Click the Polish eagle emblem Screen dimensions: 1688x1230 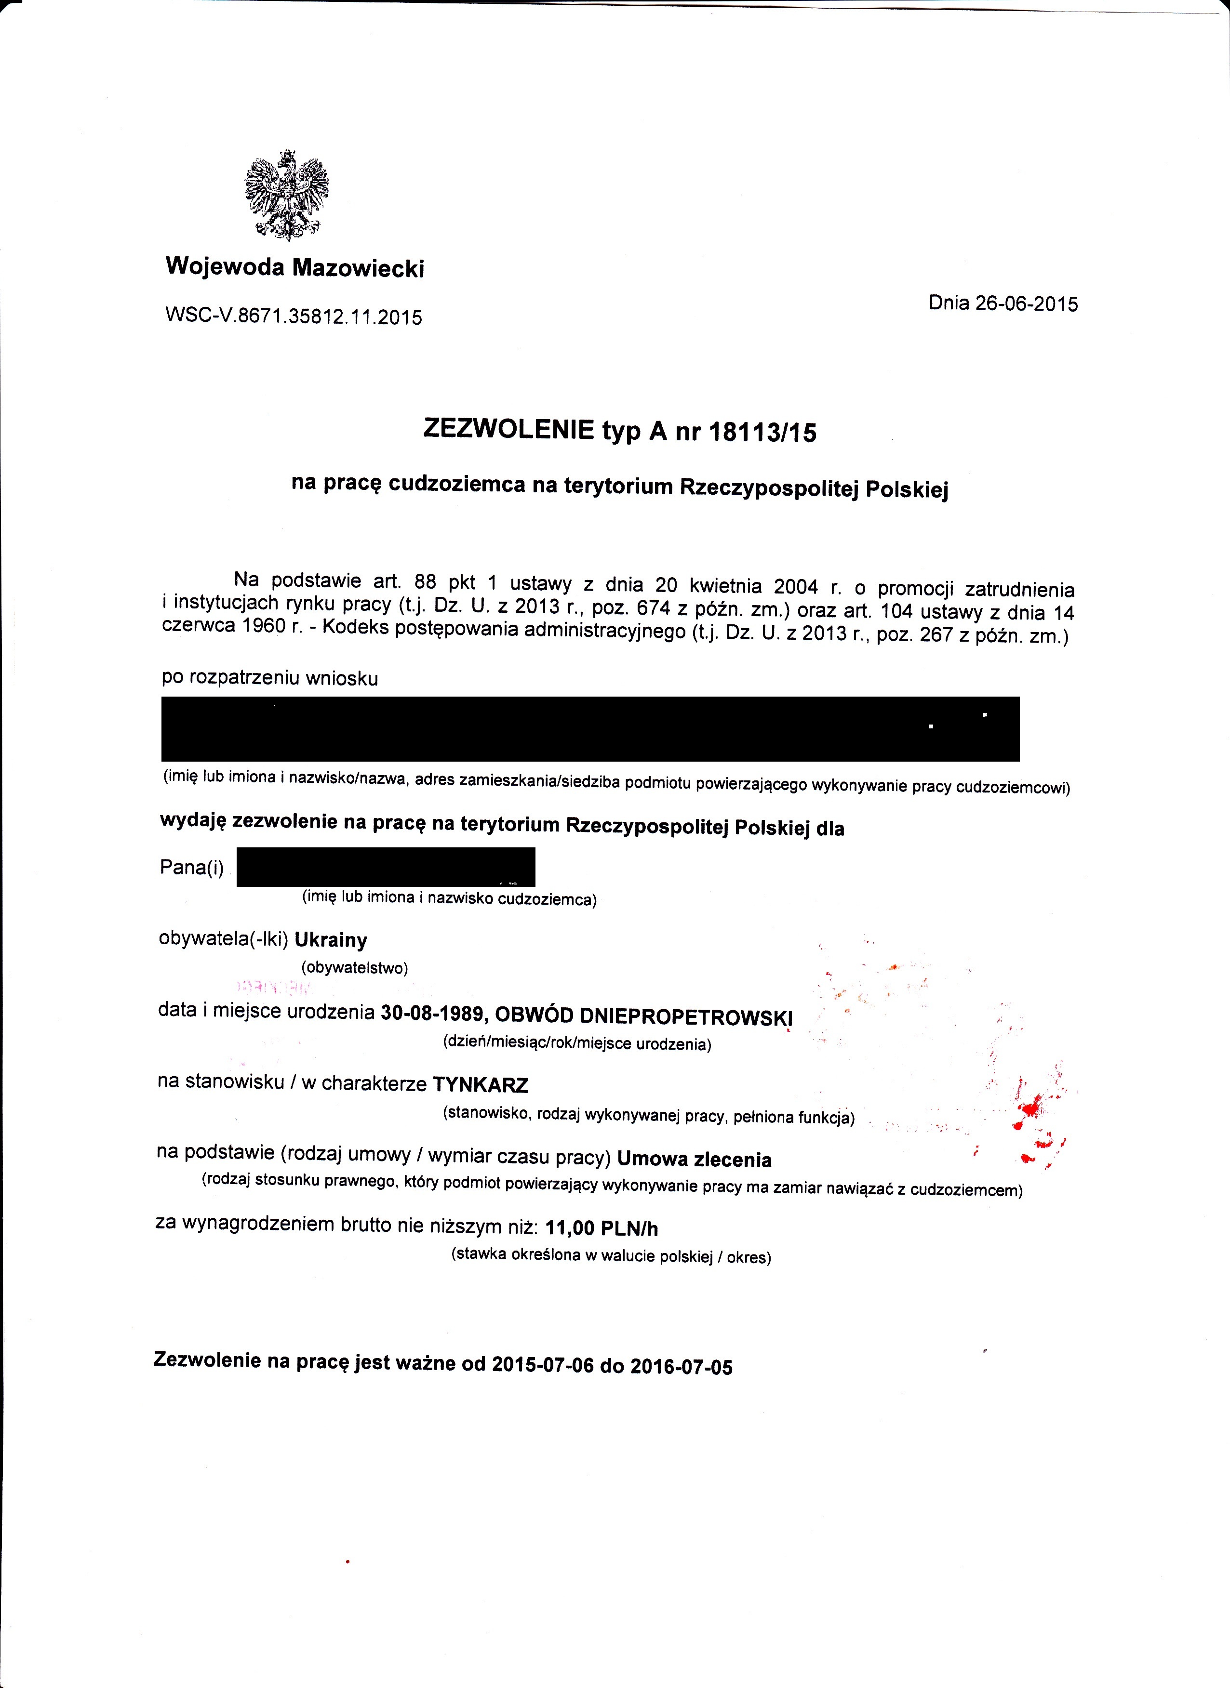tap(287, 196)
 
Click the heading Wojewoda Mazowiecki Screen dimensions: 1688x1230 tap(295, 266)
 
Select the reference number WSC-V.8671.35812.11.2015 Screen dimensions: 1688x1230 tap(294, 317)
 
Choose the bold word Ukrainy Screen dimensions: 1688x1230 tap(331, 940)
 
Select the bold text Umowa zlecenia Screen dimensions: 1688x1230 tap(694, 1160)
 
